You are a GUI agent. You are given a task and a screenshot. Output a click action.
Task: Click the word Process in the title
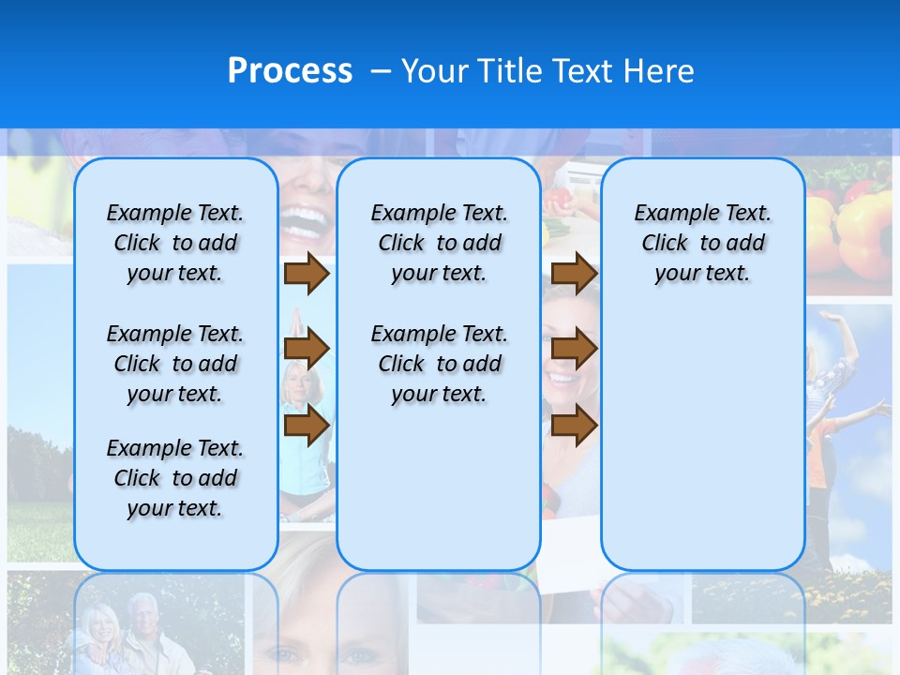point(290,71)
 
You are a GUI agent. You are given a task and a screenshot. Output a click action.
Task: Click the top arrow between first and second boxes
point(307,274)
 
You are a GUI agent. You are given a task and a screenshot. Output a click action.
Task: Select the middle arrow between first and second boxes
point(307,350)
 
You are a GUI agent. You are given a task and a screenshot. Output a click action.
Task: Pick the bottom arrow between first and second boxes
point(307,426)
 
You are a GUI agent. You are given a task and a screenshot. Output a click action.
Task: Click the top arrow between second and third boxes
point(574,274)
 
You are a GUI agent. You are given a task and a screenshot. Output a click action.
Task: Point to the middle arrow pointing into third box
point(574,350)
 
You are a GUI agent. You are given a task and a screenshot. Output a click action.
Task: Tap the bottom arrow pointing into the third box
point(574,426)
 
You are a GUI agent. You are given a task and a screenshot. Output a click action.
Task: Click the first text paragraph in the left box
point(175,243)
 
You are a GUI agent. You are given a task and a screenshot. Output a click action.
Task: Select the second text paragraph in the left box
point(175,364)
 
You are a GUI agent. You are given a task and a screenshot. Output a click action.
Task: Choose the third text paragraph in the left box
point(175,478)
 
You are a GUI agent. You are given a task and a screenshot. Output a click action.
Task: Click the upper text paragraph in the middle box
point(439,243)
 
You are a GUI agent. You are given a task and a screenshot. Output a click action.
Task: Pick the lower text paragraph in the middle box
point(439,364)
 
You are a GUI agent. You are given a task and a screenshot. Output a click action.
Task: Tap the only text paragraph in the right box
point(702,243)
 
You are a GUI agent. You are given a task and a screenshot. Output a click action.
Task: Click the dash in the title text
point(381,72)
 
